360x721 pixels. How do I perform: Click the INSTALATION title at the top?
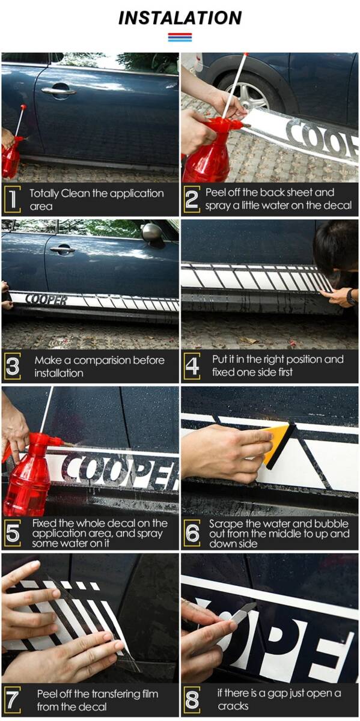[x=180, y=18]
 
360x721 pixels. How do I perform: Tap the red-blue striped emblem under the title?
[x=180, y=37]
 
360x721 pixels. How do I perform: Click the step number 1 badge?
[x=13, y=199]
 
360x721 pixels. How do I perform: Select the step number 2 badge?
[x=192, y=199]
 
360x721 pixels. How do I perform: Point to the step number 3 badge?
[x=13, y=366]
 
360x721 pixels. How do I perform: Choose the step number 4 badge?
[x=192, y=366]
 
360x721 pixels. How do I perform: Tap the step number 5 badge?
[x=13, y=533]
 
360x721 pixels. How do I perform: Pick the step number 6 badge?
[x=192, y=533]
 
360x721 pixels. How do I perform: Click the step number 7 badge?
[x=13, y=700]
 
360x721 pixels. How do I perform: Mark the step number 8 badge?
[x=192, y=700]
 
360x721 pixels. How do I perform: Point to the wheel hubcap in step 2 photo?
[x=251, y=96]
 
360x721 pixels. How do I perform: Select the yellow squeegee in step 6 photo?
[x=278, y=446]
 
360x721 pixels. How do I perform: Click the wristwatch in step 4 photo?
[x=352, y=297]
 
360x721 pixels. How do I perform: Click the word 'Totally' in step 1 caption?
[x=44, y=193]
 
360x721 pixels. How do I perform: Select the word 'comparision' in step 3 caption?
[x=103, y=360]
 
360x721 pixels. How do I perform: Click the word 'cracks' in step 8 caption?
[x=233, y=706]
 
